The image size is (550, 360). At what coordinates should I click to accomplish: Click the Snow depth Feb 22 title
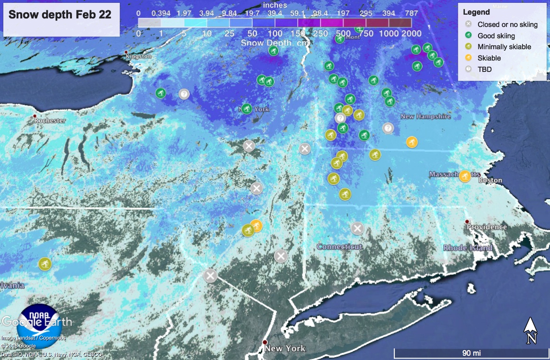tap(60, 14)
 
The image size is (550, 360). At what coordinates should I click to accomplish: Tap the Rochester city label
tap(50, 120)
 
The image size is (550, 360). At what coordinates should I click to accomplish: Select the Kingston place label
tap(139, 56)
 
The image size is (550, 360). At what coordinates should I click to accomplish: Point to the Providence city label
tap(487, 227)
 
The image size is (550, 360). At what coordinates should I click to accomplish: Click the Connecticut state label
tap(339, 246)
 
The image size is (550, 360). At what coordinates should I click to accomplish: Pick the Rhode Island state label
tap(468, 247)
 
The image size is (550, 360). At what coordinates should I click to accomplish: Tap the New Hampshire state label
tap(426, 116)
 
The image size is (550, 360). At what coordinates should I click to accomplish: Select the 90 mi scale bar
tap(471, 353)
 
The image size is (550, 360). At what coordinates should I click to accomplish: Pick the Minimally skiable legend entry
tap(504, 47)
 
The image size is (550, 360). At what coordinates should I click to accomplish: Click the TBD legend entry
tap(484, 69)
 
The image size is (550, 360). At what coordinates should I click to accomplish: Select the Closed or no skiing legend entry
tap(507, 24)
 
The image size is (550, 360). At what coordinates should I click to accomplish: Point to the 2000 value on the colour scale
tap(411, 33)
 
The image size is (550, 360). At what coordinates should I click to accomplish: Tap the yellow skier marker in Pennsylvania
tap(45, 263)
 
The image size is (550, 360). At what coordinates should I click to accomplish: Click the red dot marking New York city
tap(265, 342)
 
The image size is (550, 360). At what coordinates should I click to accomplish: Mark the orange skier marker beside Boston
tap(465, 176)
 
